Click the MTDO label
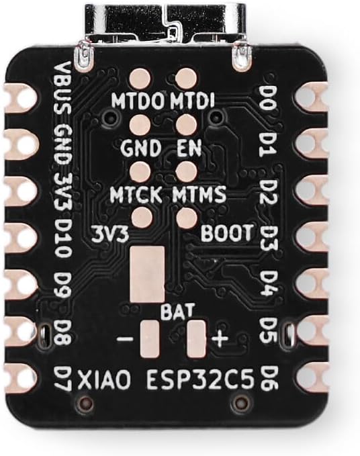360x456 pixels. point(140,101)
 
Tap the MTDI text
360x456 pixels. point(192,101)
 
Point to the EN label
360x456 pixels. point(189,148)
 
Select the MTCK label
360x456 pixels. point(136,194)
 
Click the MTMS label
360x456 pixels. point(199,194)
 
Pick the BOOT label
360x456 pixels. point(227,233)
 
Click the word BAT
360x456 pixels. point(177,311)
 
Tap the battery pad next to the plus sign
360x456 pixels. point(197,339)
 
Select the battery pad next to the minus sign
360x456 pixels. point(150,339)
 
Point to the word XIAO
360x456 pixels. point(103,380)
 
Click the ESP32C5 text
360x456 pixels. point(200,379)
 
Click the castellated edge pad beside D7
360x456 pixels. point(20,377)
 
